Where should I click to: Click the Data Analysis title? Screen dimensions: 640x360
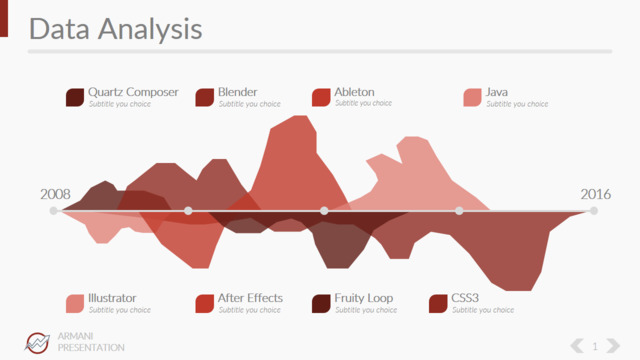(x=116, y=29)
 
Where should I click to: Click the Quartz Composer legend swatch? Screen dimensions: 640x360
(x=75, y=98)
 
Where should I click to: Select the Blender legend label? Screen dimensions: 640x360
(x=238, y=92)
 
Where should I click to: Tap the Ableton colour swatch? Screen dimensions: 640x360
(x=321, y=98)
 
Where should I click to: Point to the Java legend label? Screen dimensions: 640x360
(x=496, y=92)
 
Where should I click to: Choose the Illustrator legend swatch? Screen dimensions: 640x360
(x=75, y=304)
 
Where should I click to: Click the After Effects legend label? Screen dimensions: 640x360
(x=250, y=298)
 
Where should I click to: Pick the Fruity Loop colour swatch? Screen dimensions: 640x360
(x=321, y=304)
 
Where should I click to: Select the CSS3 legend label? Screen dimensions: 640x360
(x=465, y=298)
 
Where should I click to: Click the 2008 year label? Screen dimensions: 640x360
(x=55, y=194)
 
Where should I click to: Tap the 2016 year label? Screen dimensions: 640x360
(x=596, y=194)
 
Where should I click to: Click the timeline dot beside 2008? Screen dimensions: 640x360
(x=53, y=211)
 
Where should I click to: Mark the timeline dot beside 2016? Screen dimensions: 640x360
(x=594, y=211)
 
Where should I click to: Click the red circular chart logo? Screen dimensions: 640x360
(x=37, y=342)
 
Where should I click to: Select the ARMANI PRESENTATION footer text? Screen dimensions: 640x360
(x=91, y=342)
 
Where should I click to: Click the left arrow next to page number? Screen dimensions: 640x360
(x=577, y=346)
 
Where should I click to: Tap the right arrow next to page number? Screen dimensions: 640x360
(x=613, y=346)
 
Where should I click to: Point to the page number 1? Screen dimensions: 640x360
(x=595, y=347)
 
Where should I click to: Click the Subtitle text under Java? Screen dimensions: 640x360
(x=517, y=104)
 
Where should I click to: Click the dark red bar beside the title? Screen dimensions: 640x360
(x=4, y=18)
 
